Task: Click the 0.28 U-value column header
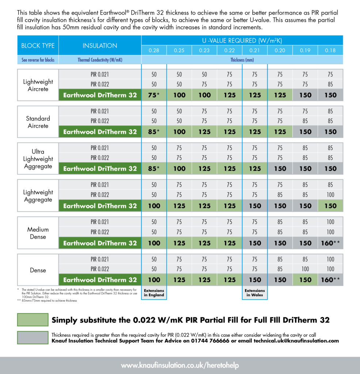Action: [x=154, y=50]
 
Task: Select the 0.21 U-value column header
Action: [x=255, y=50]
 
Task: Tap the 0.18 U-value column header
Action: [x=330, y=50]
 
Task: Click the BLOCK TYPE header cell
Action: [x=38, y=46]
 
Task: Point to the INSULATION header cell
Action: [x=100, y=46]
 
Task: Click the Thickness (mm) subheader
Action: [x=242, y=60]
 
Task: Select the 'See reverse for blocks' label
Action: [x=38, y=60]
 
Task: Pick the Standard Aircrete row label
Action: [x=38, y=122]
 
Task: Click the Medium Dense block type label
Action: [x=38, y=233]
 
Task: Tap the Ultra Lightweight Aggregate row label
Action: [x=38, y=159]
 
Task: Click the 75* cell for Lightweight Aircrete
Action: [x=154, y=95]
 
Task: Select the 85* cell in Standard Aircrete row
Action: [x=154, y=132]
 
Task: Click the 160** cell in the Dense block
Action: [x=330, y=280]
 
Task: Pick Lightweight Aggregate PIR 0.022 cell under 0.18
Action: [x=330, y=195]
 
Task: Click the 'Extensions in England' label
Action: [x=154, y=293]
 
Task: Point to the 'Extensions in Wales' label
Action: [x=255, y=293]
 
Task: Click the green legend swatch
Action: [x=33, y=320]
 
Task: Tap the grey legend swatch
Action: [x=33, y=337]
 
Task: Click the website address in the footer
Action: [x=180, y=365]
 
